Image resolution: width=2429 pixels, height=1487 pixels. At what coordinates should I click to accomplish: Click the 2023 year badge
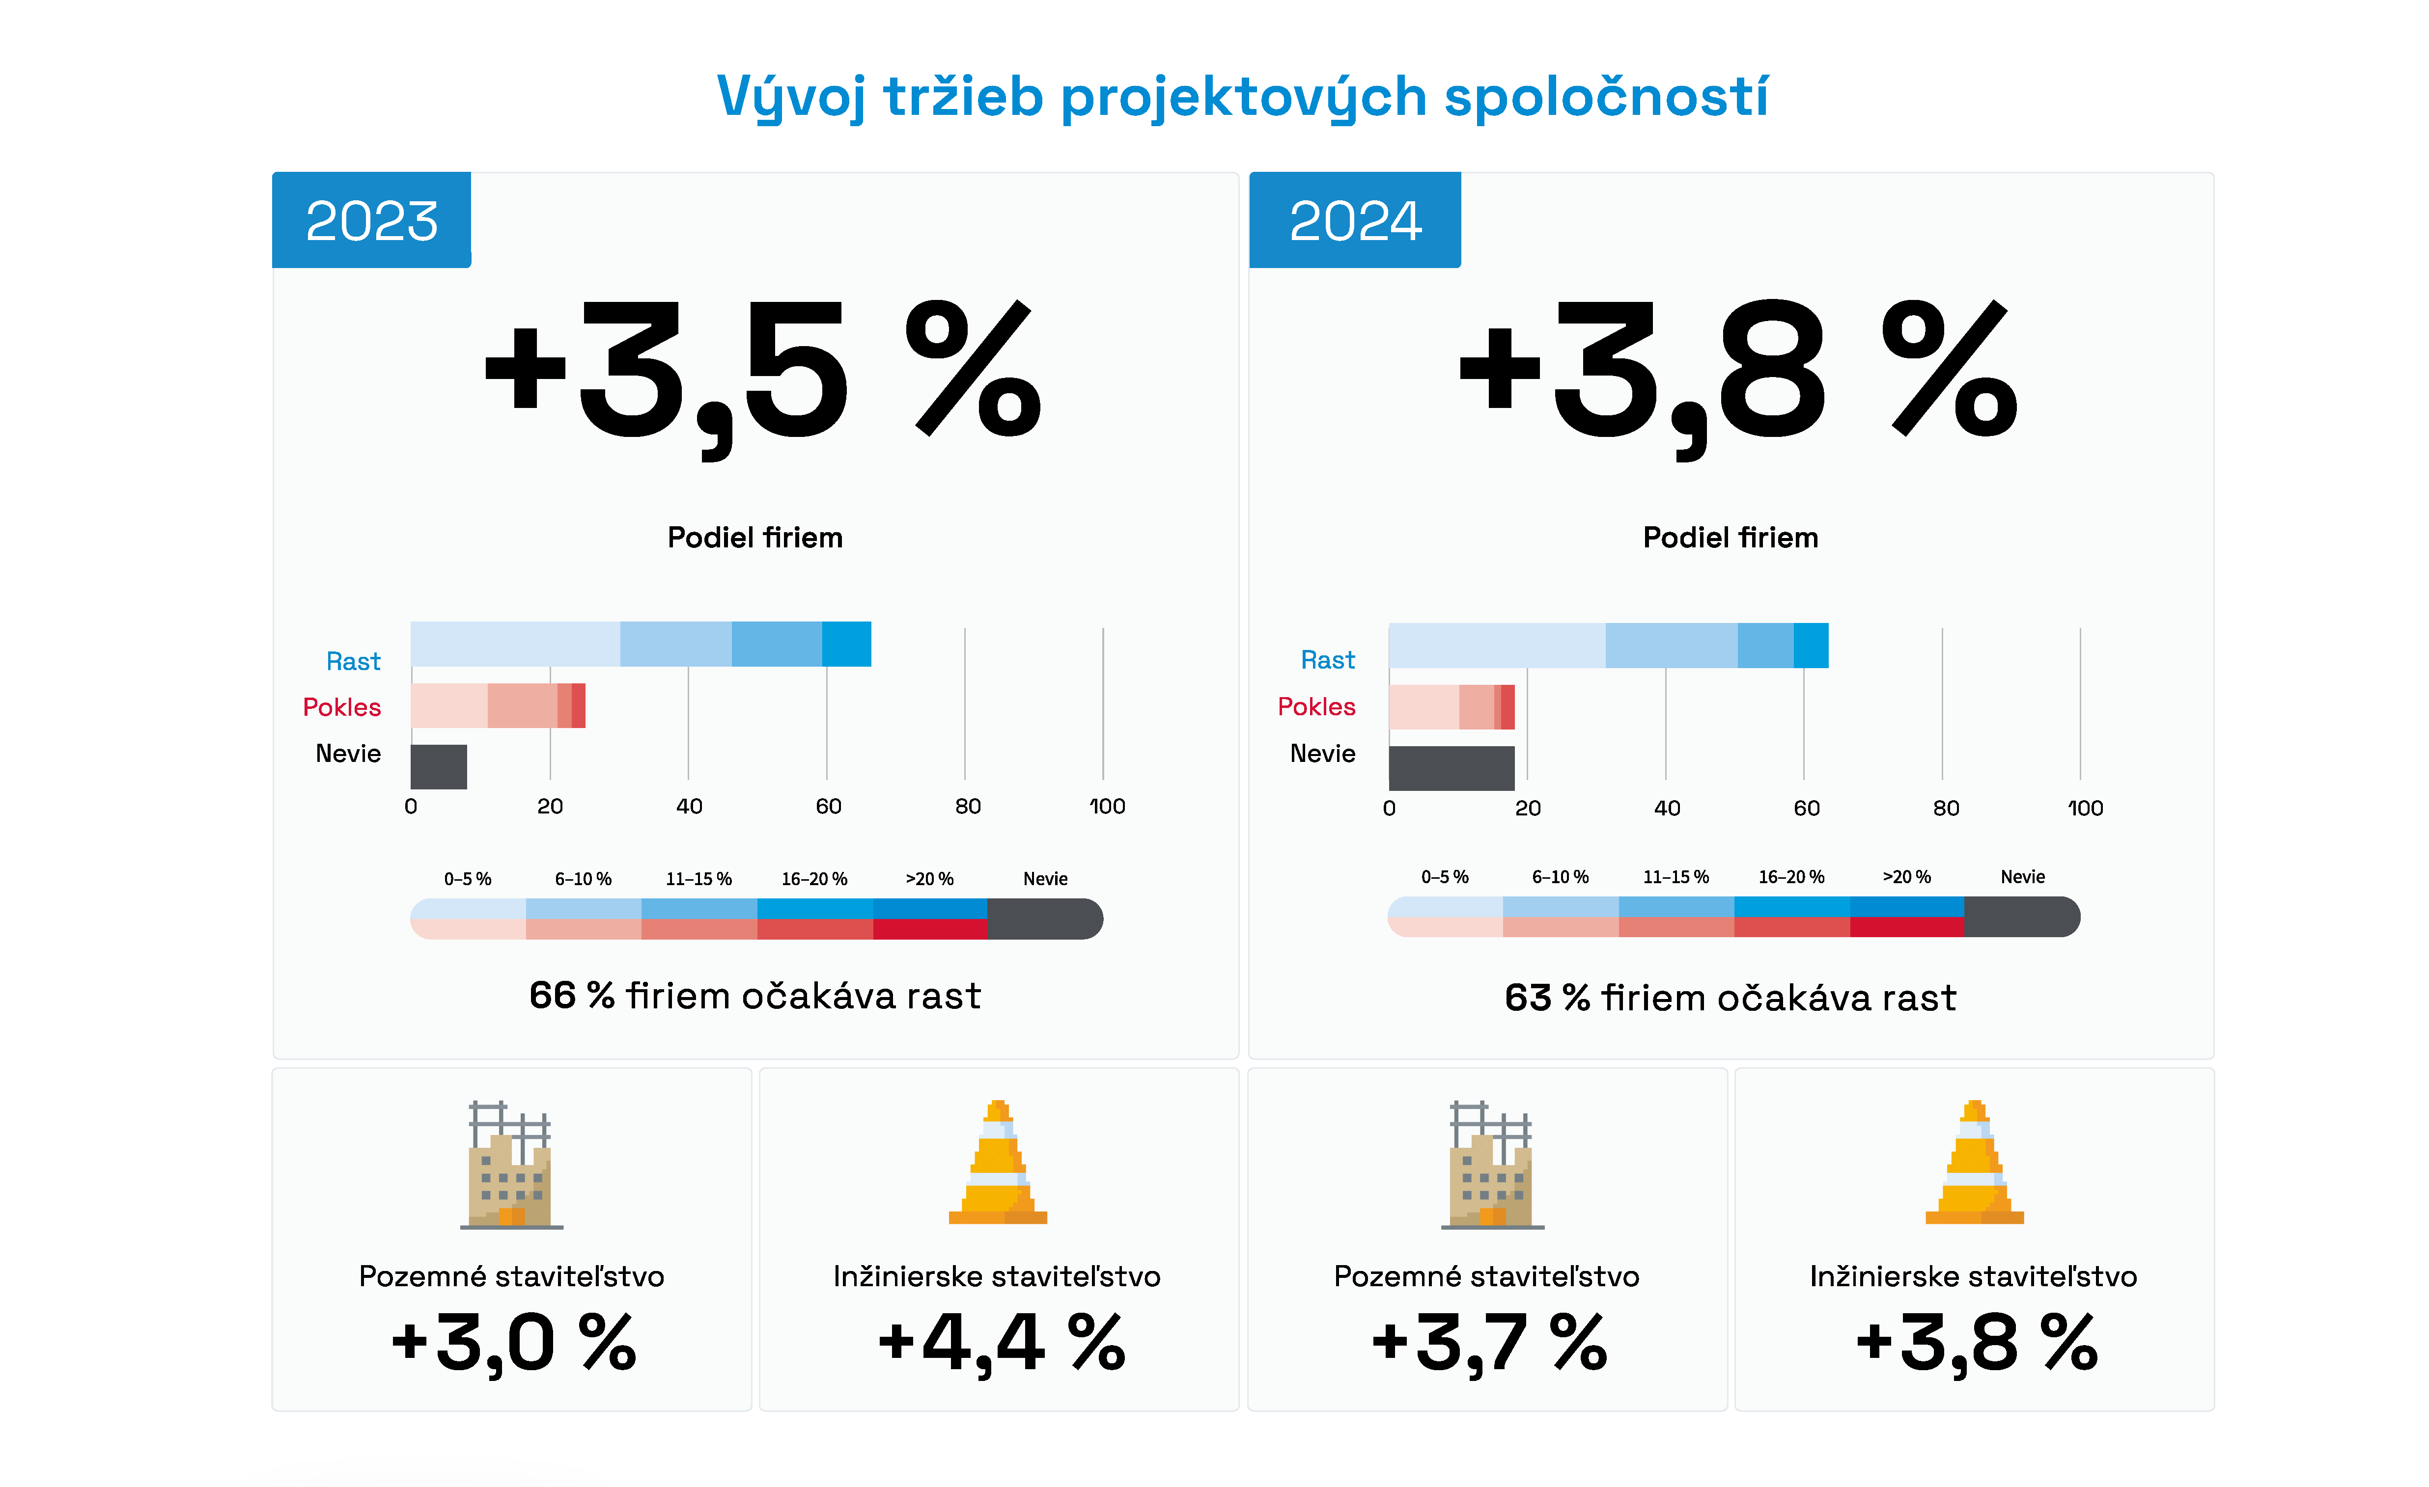pos(372,220)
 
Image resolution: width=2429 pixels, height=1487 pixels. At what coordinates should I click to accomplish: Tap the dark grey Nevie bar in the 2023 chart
pos(439,767)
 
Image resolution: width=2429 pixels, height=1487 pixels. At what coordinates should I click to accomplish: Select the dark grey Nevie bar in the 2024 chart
pos(1451,768)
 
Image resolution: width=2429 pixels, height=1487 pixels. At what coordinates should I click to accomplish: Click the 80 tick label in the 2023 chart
pos(967,806)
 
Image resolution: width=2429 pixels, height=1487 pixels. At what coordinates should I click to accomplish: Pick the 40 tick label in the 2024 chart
pos(1666,808)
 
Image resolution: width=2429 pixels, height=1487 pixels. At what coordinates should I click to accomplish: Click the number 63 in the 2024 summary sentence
pos(1527,997)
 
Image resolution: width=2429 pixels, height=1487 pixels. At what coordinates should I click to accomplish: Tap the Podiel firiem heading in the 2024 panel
pos(1730,537)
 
